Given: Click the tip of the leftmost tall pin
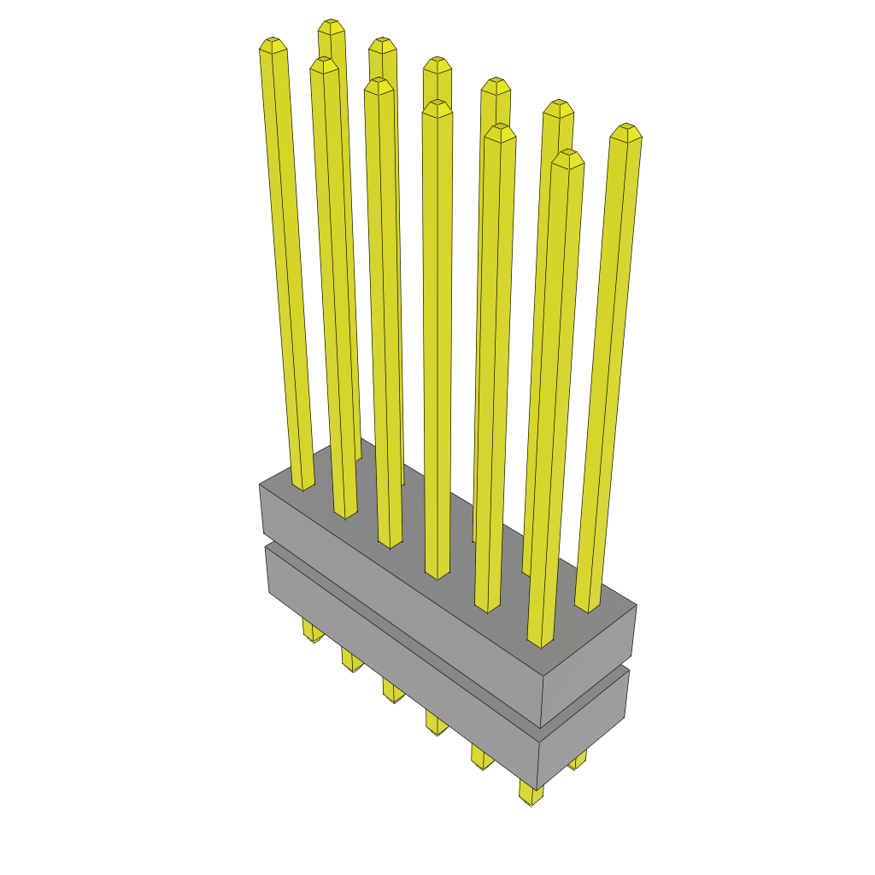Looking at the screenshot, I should click(272, 44).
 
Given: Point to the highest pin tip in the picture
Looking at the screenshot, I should click(331, 26).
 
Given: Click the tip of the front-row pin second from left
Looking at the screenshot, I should click(324, 64).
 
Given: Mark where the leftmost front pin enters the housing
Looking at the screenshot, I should click(303, 485).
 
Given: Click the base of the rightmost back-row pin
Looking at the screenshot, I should click(587, 607).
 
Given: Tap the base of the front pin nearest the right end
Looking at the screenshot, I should click(540, 642).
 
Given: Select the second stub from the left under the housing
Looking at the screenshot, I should click(350, 660).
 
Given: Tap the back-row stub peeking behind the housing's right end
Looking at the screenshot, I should click(578, 760).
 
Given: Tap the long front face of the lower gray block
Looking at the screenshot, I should click(402, 667).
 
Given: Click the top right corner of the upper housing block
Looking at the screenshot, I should click(637, 605).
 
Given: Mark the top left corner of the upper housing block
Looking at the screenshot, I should click(260, 484).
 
